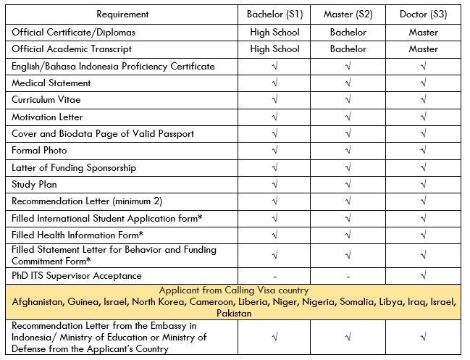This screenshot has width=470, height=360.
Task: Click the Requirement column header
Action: pyautogui.click(x=122, y=14)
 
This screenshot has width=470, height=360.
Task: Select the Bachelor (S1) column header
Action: pyautogui.click(x=274, y=14)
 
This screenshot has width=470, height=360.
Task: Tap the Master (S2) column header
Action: pyautogui.click(x=348, y=14)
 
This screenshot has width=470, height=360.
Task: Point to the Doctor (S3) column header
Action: pyautogui.click(x=423, y=14)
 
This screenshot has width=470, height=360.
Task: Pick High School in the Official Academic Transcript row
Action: pyautogui.click(x=274, y=49)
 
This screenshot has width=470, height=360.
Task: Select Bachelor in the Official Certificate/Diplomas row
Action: pyautogui.click(x=348, y=33)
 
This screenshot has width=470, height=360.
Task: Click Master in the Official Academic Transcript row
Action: pyautogui.click(x=423, y=49)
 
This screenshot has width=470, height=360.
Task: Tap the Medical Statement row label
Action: pyautogui.click(x=51, y=83)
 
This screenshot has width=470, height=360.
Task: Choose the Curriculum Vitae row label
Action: pyautogui.click(x=47, y=100)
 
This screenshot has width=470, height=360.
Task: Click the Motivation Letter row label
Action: pyautogui.click(x=47, y=117)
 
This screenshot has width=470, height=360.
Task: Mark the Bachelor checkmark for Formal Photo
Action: pyautogui.click(x=274, y=151)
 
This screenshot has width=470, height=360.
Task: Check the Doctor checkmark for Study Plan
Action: pyautogui.click(x=423, y=185)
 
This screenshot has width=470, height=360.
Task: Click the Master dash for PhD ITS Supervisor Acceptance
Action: pyautogui.click(x=348, y=276)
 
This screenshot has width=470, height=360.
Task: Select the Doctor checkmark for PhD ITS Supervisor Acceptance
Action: pyautogui.click(x=423, y=276)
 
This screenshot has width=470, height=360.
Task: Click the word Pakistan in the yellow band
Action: pyautogui.click(x=235, y=314)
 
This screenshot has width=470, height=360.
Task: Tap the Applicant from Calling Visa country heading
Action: pyautogui.click(x=235, y=288)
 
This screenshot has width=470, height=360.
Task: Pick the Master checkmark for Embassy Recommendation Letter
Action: pyautogui.click(x=348, y=337)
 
